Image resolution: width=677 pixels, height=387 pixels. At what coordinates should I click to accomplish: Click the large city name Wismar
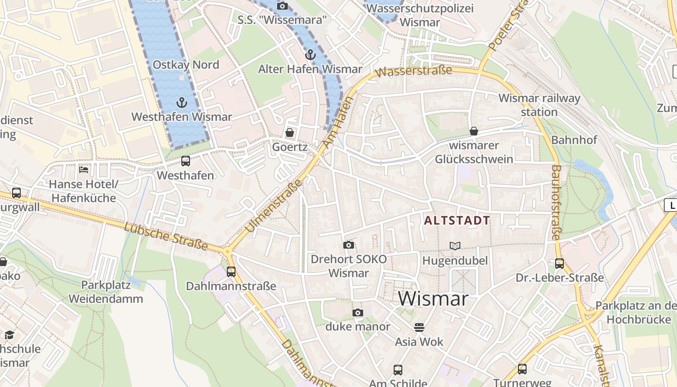pyautogui.click(x=433, y=298)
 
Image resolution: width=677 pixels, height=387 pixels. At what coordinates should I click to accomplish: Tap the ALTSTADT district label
pyautogui.click(x=457, y=221)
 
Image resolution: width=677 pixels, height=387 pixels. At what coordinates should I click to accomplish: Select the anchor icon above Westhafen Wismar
pyautogui.click(x=182, y=103)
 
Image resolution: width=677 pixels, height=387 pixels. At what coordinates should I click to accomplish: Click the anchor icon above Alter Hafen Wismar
pyautogui.click(x=310, y=55)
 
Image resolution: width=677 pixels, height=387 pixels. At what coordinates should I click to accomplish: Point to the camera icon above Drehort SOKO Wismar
pyautogui.click(x=348, y=245)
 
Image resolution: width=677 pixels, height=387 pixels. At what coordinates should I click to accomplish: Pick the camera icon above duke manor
pyautogui.click(x=357, y=313)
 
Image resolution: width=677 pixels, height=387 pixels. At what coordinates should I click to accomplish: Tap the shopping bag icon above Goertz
pyautogui.click(x=290, y=132)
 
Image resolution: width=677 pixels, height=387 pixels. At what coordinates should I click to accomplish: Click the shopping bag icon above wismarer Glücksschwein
pyautogui.click(x=474, y=131)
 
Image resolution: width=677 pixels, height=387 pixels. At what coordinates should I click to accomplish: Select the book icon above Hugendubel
pyautogui.click(x=455, y=246)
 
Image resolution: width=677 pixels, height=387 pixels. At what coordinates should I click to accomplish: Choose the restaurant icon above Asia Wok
pyautogui.click(x=419, y=327)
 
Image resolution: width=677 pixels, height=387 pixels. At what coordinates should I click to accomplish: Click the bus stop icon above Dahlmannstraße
pyautogui.click(x=231, y=271)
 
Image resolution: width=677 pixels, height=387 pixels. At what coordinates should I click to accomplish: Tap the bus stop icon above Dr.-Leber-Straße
pyautogui.click(x=559, y=264)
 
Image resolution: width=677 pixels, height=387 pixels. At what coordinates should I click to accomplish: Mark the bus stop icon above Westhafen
pyautogui.click(x=186, y=161)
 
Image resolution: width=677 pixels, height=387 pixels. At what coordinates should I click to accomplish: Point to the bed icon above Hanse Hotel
pyautogui.click(x=84, y=170)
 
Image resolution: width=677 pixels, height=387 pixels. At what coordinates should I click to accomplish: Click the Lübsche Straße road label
pyautogui.click(x=166, y=237)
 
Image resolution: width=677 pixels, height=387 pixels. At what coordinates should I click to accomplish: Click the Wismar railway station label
pyautogui.click(x=539, y=105)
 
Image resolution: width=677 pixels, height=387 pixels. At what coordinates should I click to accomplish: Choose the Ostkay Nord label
pyautogui.click(x=186, y=65)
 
